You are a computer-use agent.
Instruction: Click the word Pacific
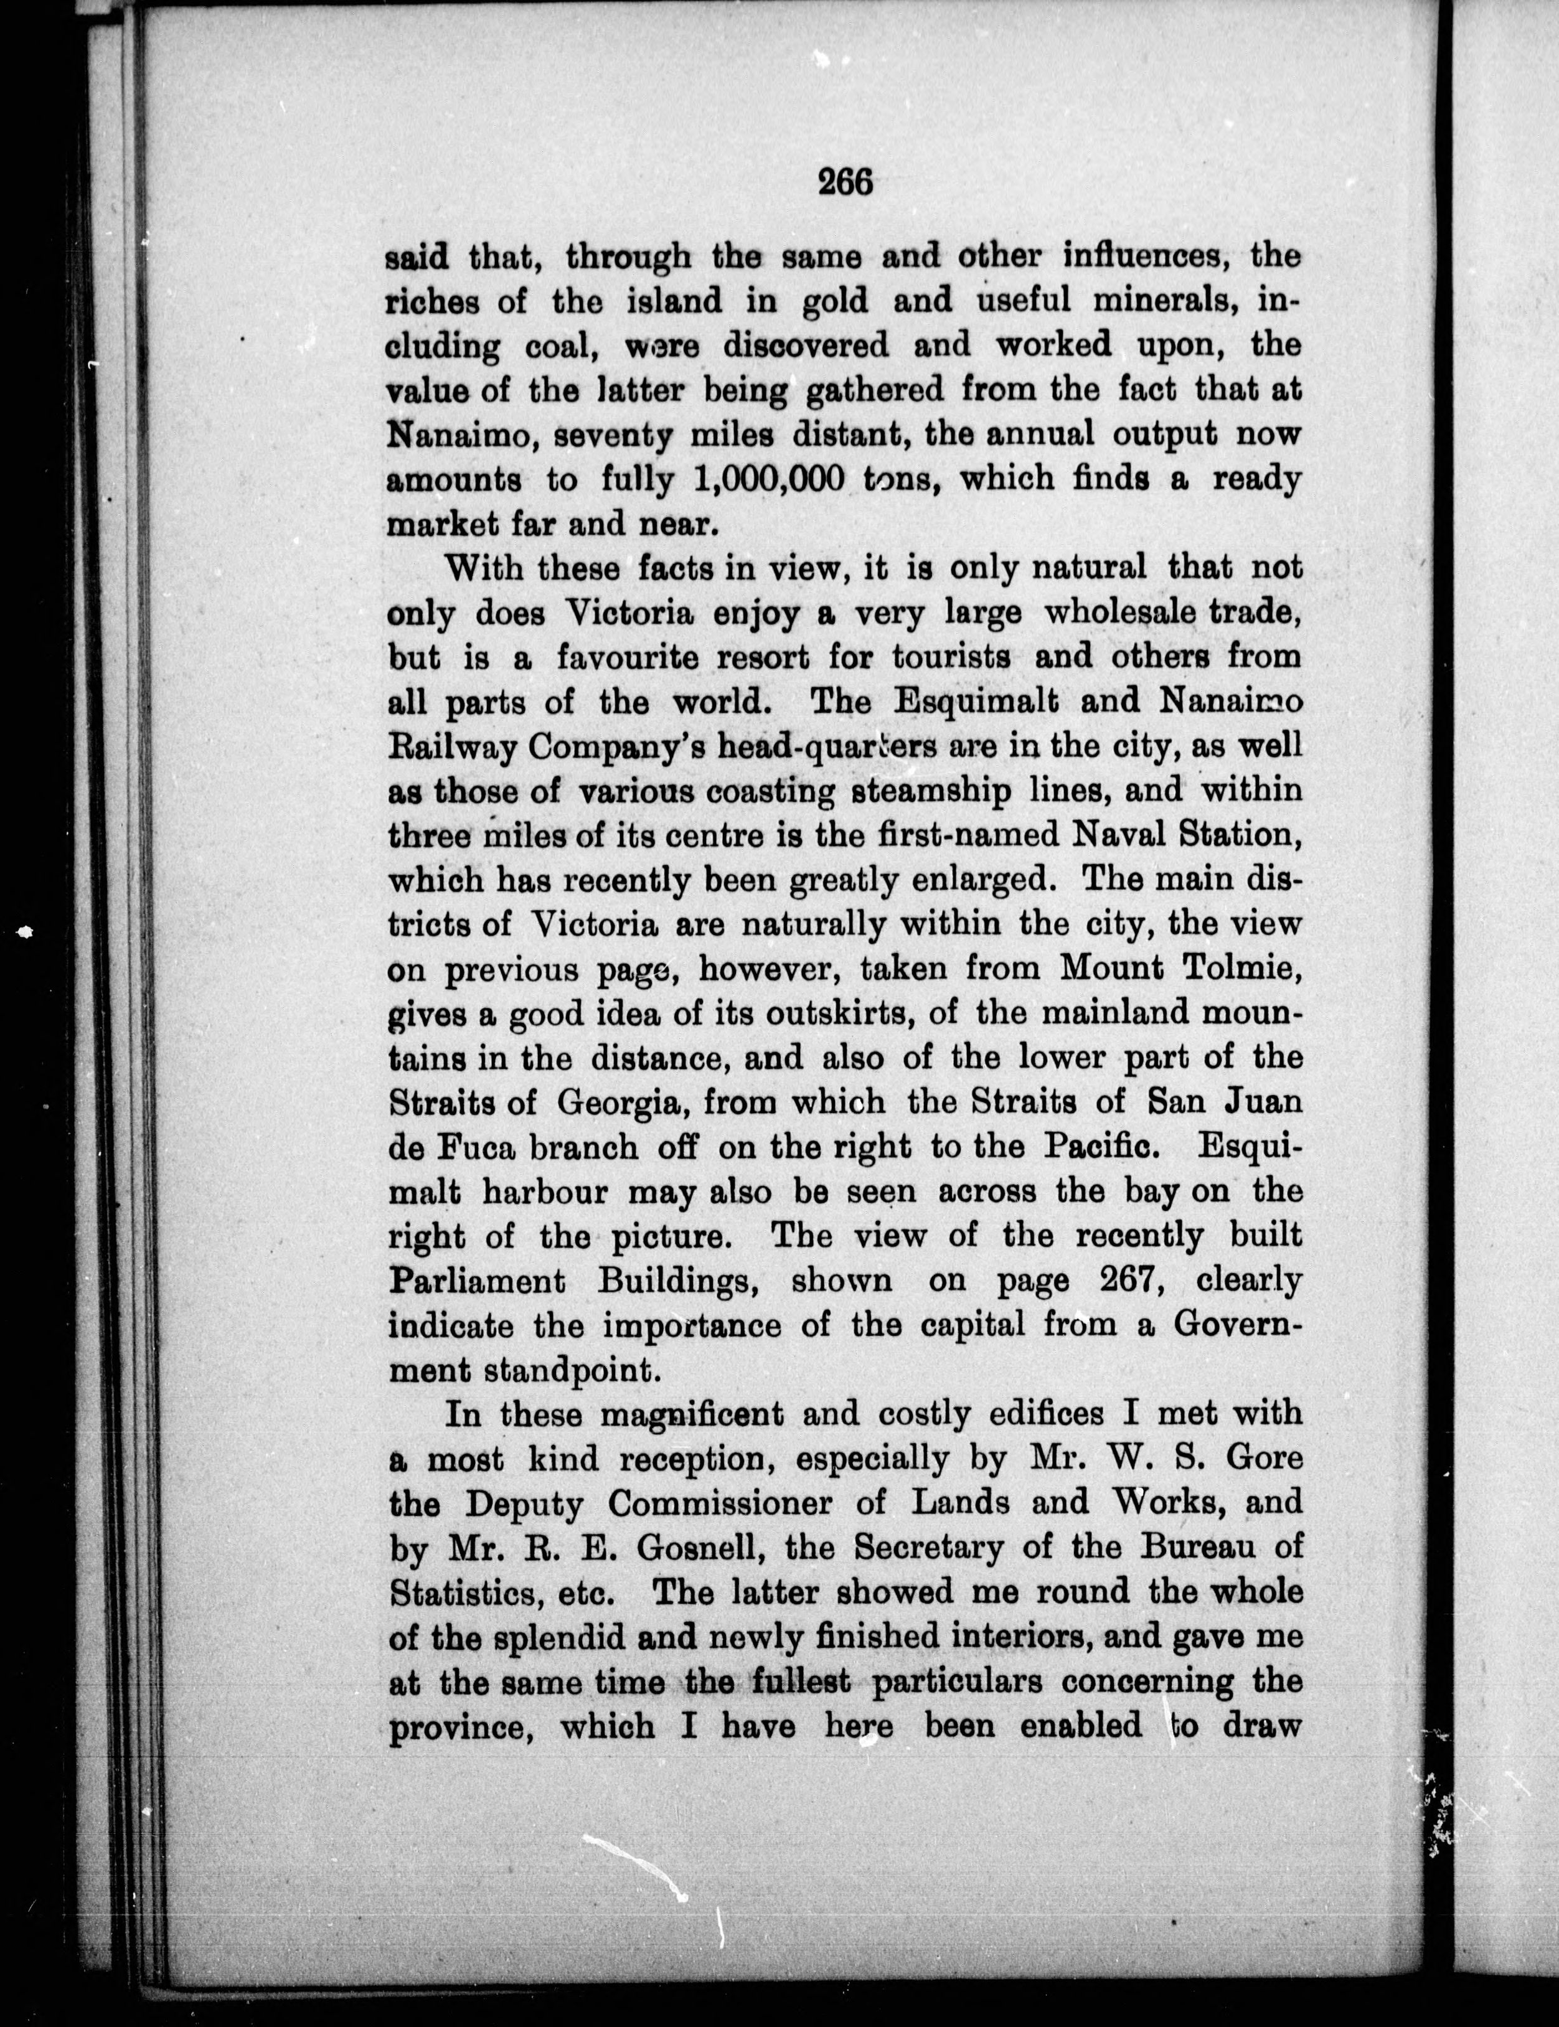[1100, 1147]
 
